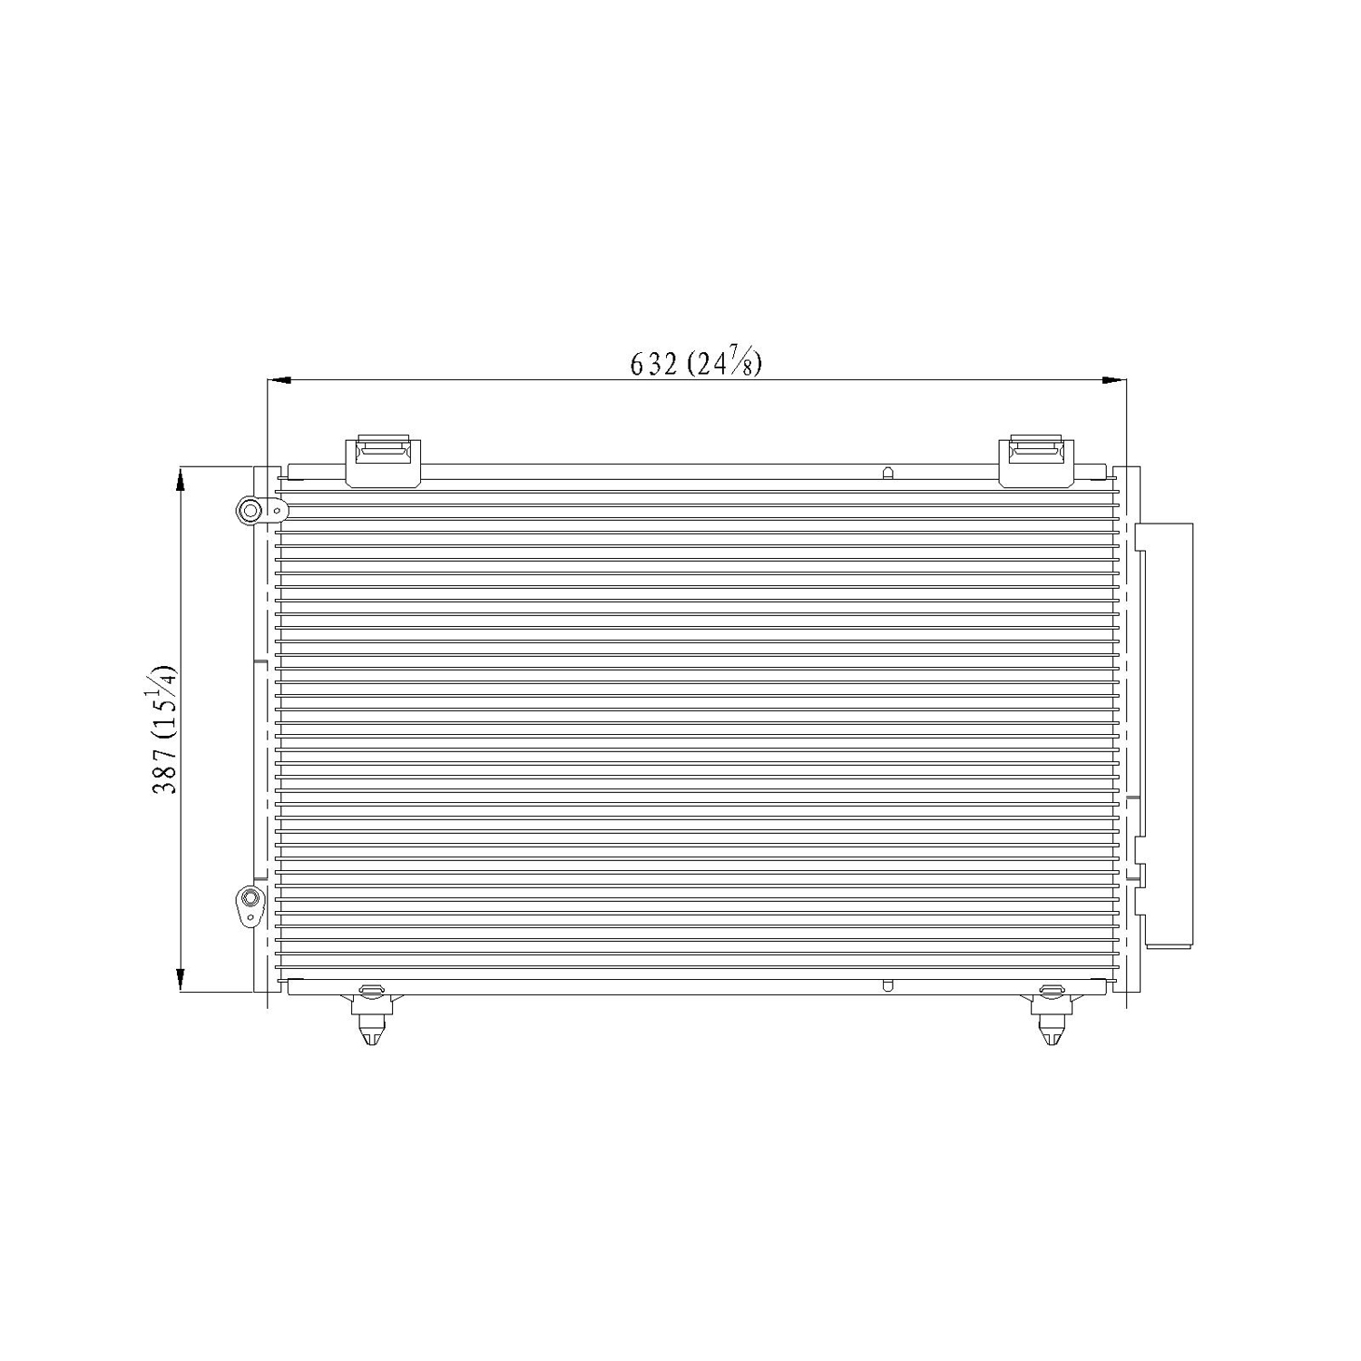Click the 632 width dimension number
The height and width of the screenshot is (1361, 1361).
click(x=654, y=364)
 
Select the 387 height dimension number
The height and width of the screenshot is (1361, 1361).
click(x=165, y=770)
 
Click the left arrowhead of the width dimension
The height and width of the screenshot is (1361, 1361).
click(x=278, y=380)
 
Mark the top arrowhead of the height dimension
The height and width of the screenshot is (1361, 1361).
click(x=181, y=478)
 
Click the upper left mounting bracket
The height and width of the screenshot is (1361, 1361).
click(x=384, y=463)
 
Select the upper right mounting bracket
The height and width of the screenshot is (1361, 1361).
click(x=1036, y=463)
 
